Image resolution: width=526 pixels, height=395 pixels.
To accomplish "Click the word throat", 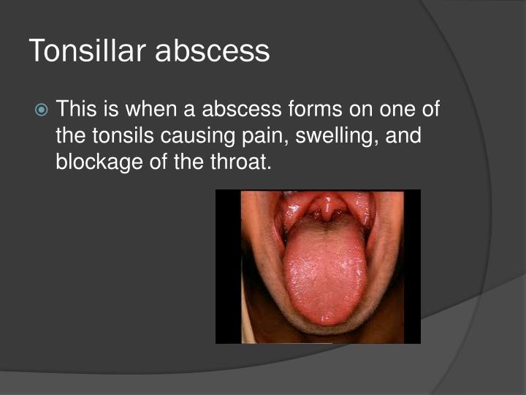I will pos(243,161).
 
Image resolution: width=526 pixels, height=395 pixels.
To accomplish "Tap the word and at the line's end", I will pos(407,135).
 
